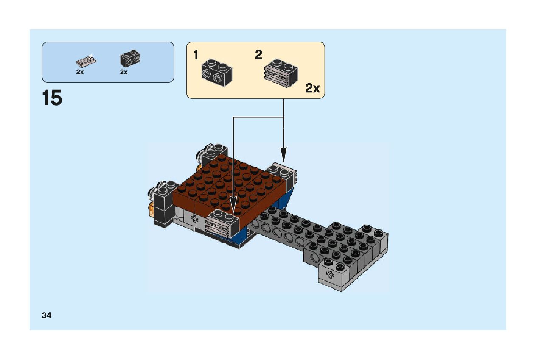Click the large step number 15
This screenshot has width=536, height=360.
[52, 98]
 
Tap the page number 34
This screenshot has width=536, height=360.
[47, 315]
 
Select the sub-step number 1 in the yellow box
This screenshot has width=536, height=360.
[196, 55]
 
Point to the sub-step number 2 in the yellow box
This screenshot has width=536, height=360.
[258, 55]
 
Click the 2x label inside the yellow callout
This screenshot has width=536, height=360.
[312, 88]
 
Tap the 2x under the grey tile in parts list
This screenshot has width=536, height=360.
[80, 72]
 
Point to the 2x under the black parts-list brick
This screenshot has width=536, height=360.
[124, 72]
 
